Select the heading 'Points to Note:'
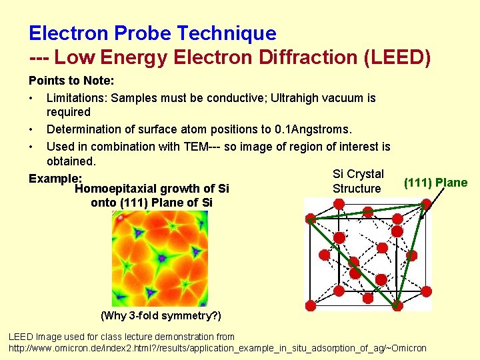point(71,81)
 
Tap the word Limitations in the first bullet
point(76,98)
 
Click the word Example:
point(55,179)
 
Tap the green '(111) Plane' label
point(435,183)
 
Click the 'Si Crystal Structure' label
point(357,181)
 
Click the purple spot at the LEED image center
point(161,257)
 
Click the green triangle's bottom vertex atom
point(397,305)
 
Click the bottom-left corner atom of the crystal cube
point(311,305)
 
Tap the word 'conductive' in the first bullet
point(236,98)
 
